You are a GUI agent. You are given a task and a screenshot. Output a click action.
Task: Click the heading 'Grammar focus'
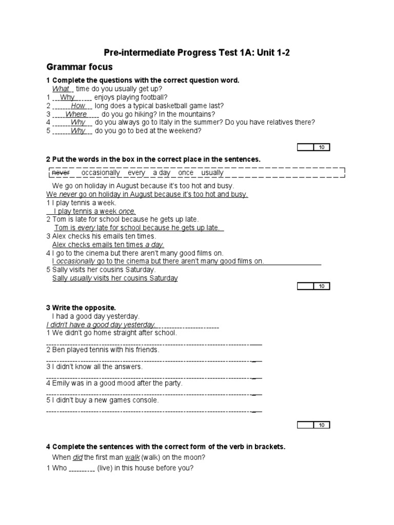[80, 67]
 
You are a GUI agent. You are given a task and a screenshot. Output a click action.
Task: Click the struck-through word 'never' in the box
[61, 173]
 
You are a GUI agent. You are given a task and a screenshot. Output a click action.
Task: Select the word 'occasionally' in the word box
[101, 173]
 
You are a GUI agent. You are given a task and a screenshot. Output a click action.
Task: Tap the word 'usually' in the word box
[212, 173]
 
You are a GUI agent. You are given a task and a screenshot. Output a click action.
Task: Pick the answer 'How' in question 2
[78, 106]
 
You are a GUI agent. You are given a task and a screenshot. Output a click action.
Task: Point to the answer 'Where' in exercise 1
[76, 114]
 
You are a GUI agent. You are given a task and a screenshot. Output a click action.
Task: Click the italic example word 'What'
[61, 89]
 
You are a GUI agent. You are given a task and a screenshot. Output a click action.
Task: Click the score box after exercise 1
[314, 148]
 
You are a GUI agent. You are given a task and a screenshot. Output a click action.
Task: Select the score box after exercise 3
[314, 425]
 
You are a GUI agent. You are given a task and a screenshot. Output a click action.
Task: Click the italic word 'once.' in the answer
[127, 211]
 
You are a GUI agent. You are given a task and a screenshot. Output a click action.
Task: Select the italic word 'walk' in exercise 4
[132, 457]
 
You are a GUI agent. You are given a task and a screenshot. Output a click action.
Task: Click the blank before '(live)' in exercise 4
[82, 469]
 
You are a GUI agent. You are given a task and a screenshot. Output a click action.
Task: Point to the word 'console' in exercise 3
[146, 400]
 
